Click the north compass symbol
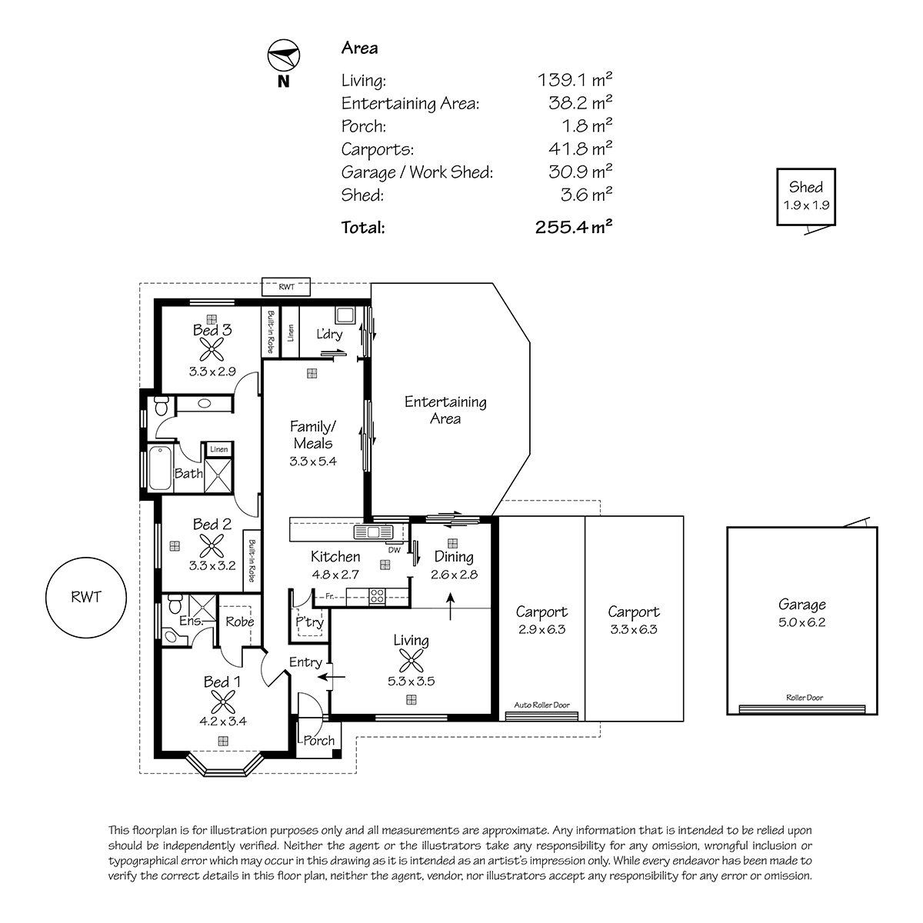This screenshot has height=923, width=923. tap(284, 55)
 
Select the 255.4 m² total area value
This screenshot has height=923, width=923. tap(573, 227)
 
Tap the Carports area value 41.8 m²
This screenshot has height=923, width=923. tap(580, 148)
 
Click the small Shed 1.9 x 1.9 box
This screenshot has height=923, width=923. tap(805, 197)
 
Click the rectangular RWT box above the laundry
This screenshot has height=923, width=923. tap(286, 287)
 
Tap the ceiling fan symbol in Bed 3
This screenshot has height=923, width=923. tap(212, 349)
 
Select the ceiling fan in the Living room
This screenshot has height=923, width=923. tap(411, 661)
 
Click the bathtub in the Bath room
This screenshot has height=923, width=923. tap(161, 468)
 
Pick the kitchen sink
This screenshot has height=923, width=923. tap(373, 532)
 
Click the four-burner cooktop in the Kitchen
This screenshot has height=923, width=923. tap(377, 596)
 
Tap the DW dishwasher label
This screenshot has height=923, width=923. tap(395, 550)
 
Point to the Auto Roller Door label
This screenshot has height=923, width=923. tap(541, 705)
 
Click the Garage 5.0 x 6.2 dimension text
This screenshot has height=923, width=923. tap(801, 622)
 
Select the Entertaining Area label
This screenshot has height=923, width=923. tap(445, 410)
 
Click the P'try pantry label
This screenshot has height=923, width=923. tap(309, 622)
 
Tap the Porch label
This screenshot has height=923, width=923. tap(319, 741)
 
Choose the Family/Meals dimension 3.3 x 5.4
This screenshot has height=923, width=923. tap(313, 461)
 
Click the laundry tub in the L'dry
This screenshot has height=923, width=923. tap(345, 315)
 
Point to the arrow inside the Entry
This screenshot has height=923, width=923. tap(332, 677)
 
